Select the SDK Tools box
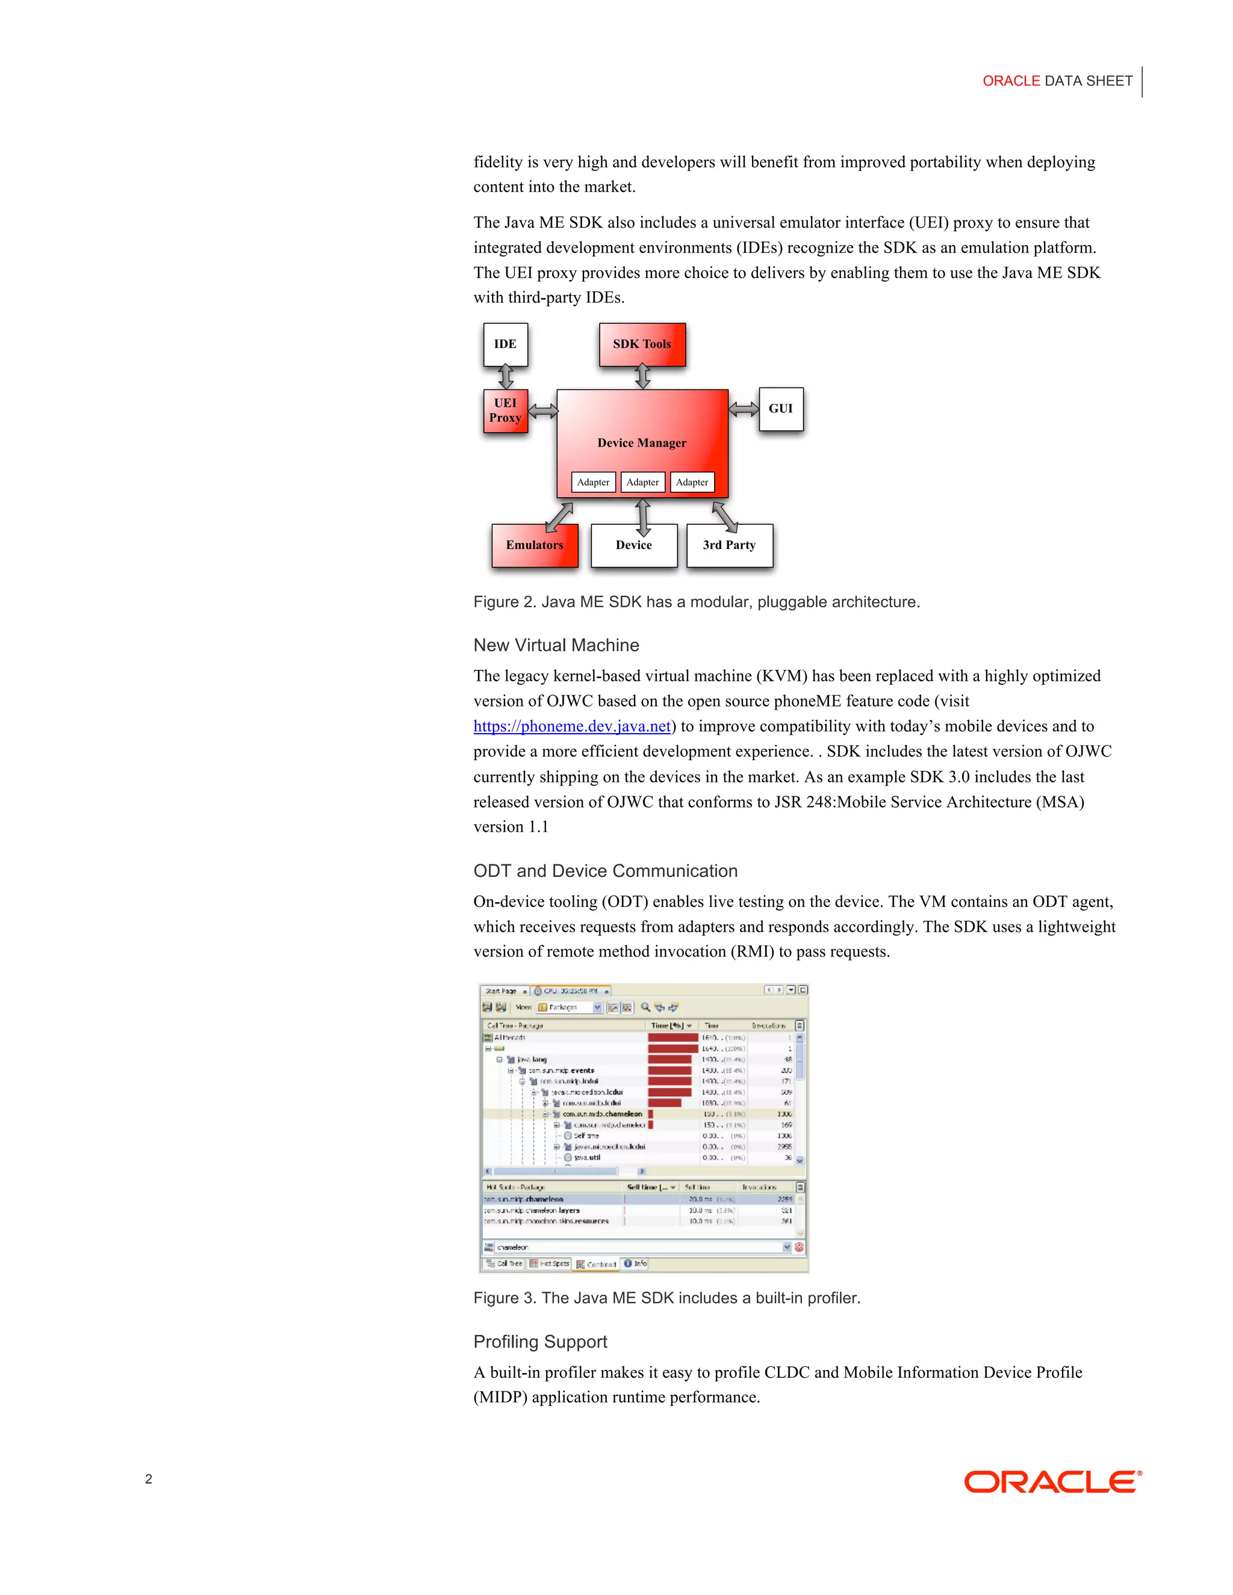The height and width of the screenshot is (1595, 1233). pyautogui.click(x=641, y=344)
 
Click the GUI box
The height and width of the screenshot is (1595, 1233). pyautogui.click(x=780, y=409)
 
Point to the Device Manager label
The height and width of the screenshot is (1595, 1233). pyautogui.click(x=641, y=442)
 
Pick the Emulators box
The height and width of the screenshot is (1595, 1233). pyautogui.click(x=534, y=545)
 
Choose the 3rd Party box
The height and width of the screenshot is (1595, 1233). pyautogui.click(x=729, y=545)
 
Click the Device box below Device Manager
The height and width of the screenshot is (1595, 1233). pyautogui.click(x=633, y=545)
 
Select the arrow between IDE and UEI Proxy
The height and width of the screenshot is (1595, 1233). pyautogui.click(x=506, y=377)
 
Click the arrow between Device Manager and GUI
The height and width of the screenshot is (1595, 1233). pyautogui.click(x=744, y=409)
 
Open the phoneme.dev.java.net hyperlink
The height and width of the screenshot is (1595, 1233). pyautogui.click(x=572, y=726)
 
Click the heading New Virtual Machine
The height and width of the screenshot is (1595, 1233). pyautogui.click(x=556, y=645)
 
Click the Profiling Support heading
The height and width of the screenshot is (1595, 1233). pyautogui.click(x=540, y=1342)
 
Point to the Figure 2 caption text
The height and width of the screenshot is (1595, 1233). pyautogui.click(x=696, y=602)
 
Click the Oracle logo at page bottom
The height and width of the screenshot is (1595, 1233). pyautogui.click(x=1052, y=1482)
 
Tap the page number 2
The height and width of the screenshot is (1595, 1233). pyautogui.click(x=148, y=1479)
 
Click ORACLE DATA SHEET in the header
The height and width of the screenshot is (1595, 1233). pyautogui.click(x=1057, y=81)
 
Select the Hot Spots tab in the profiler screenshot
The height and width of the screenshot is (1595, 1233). pyautogui.click(x=549, y=1263)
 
